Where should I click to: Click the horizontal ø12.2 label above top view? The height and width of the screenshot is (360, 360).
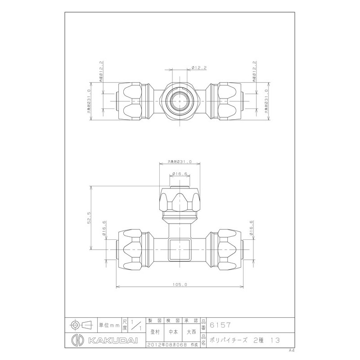click(199, 67)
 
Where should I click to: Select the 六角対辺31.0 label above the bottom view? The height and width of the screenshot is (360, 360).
click(180, 162)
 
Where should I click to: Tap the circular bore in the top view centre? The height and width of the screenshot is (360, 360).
click(180, 99)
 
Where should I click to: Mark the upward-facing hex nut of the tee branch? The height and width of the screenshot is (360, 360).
click(180, 201)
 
